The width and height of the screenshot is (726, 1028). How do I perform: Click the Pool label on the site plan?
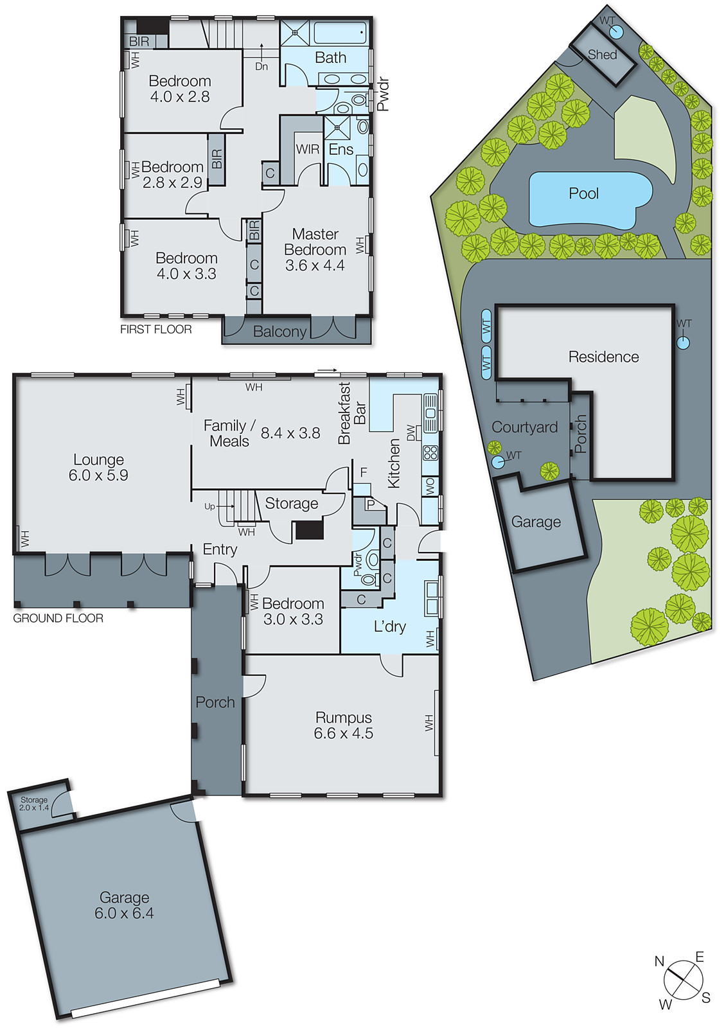click(583, 193)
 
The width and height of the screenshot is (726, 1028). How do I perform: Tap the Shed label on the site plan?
click(602, 55)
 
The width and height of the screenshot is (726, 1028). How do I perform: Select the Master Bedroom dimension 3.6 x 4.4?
click(315, 265)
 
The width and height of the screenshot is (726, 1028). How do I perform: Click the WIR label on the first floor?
click(308, 149)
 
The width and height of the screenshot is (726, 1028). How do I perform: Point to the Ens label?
click(341, 150)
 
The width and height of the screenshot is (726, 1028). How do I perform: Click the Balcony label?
click(279, 332)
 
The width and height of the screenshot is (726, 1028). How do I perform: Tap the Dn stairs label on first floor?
click(261, 66)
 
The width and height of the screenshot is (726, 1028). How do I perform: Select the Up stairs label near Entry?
click(209, 506)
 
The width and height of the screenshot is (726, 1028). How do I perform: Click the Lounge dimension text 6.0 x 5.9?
click(98, 475)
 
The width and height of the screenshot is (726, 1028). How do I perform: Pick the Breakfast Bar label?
click(351, 413)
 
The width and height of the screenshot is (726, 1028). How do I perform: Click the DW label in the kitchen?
click(411, 432)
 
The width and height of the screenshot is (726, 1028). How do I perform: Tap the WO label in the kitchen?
click(430, 485)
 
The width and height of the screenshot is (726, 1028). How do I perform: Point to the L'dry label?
click(390, 626)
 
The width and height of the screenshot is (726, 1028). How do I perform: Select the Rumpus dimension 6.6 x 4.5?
click(343, 734)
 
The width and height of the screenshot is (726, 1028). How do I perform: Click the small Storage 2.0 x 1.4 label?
click(34, 804)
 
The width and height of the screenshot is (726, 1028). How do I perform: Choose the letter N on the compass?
click(659, 961)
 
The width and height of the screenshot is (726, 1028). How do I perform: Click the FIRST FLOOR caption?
click(156, 330)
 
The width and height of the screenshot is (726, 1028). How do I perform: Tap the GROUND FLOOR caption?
click(58, 618)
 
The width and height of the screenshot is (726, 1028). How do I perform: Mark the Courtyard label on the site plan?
click(524, 427)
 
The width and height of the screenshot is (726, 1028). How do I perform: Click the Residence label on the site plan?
click(603, 357)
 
